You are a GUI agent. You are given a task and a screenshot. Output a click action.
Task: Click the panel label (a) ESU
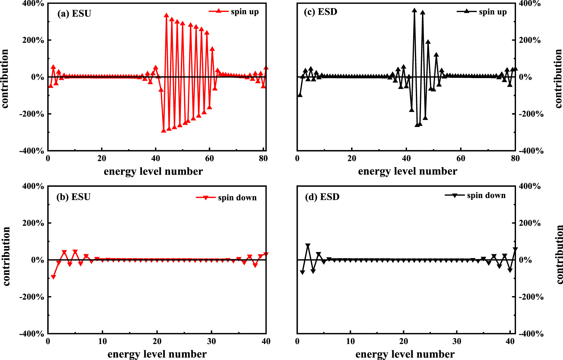[x=74, y=14]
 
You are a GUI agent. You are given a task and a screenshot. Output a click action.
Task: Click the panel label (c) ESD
[x=320, y=12]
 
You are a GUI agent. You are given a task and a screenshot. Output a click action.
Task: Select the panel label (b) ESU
[x=73, y=197]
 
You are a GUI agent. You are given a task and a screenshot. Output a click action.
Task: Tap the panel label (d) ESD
[x=322, y=197]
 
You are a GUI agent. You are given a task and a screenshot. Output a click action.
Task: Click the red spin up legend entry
[x=234, y=12]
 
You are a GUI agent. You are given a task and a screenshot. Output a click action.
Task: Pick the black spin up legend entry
[x=482, y=12]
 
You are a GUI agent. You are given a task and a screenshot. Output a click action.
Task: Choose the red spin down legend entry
[x=227, y=198]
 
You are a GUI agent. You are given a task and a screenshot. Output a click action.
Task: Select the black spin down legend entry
[x=475, y=196]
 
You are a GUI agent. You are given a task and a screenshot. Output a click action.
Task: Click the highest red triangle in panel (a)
[x=166, y=15]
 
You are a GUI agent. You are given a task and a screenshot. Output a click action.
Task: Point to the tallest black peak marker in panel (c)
[x=414, y=10]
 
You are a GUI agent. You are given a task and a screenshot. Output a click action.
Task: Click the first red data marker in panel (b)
[x=54, y=277]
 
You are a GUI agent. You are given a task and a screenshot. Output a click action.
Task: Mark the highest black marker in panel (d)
[x=308, y=245]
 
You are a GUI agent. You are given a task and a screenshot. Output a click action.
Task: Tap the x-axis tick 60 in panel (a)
[x=209, y=159]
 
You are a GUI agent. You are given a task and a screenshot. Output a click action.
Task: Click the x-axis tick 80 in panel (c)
[x=515, y=159]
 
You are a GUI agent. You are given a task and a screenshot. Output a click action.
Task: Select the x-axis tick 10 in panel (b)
[x=102, y=341]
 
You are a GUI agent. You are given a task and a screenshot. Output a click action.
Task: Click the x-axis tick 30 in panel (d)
[x=457, y=341]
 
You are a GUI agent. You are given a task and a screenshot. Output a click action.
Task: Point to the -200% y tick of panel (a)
[x=31, y=114]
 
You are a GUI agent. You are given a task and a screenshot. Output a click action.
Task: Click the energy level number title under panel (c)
[x=407, y=171]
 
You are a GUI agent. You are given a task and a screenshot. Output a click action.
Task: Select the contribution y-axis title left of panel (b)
[x=7, y=256]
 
